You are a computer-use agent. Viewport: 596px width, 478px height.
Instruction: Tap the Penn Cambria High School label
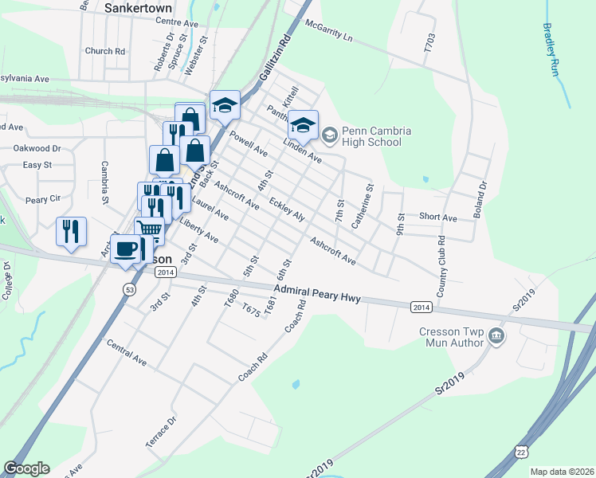pyautogui.click(x=371, y=136)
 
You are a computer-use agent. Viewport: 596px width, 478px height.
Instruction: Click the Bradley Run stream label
pyautogui.click(x=551, y=49)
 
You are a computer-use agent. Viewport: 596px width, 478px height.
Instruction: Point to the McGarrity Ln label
pyautogui.click(x=327, y=32)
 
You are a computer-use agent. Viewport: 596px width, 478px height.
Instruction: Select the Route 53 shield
pyautogui.click(x=128, y=288)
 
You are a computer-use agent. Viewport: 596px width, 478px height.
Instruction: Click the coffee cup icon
pyautogui.click(x=126, y=249)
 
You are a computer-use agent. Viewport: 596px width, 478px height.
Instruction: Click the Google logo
pyautogui.click(x=26, y=468)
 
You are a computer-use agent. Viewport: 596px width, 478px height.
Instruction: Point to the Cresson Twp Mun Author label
pyautogui.click(x=451, y=337)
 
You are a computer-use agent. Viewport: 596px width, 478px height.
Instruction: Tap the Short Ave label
pyautogui.click(x=437, y=217)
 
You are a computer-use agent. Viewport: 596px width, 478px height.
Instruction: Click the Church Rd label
pyautogui.click(x=104, y=51)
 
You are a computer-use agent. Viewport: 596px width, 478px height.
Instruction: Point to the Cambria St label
pyautogui.click(x=104, y=182)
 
